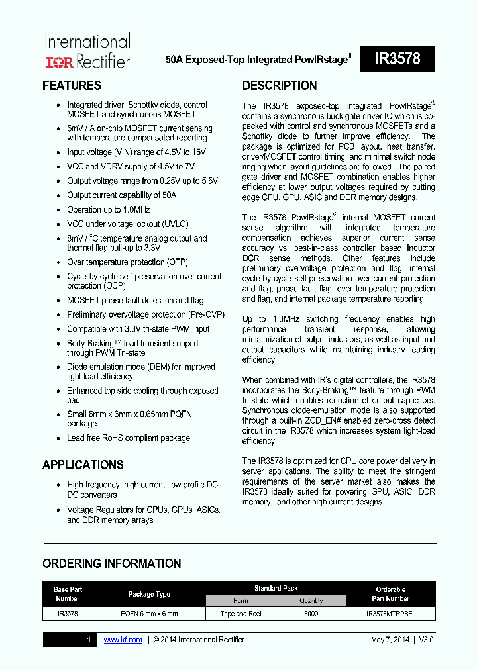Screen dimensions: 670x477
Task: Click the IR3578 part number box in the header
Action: tap(397, 58)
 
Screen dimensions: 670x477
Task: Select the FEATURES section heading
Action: tap(72, 86)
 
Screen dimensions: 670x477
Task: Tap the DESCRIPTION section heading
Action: tap(279, 86)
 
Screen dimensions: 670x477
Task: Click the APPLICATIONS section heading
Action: tap(83, 465)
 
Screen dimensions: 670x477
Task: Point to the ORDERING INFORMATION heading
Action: tap(111, 563)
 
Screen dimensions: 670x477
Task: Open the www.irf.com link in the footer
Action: tap(123, 640)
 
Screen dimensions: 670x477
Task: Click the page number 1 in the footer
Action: tap(88, 640)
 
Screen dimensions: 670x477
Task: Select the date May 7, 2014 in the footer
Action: tap(391, 640)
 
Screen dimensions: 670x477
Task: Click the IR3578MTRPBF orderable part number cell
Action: tap(390, 614)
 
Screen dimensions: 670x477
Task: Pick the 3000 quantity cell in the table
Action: tap(311, 614)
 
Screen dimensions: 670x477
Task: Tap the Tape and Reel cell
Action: tap(240, 614)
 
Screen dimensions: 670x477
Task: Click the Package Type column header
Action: tap(149, 594)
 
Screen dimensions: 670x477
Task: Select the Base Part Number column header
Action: tap(68, 594)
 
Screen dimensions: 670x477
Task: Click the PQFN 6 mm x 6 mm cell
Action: tap(149, 614)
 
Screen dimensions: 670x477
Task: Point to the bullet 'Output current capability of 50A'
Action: tap(121, 195)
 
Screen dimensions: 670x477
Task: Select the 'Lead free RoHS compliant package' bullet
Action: tap(128, 438)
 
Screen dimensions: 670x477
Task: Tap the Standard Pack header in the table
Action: tap(276, 588)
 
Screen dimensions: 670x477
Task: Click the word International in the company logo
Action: tap(87, 42)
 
